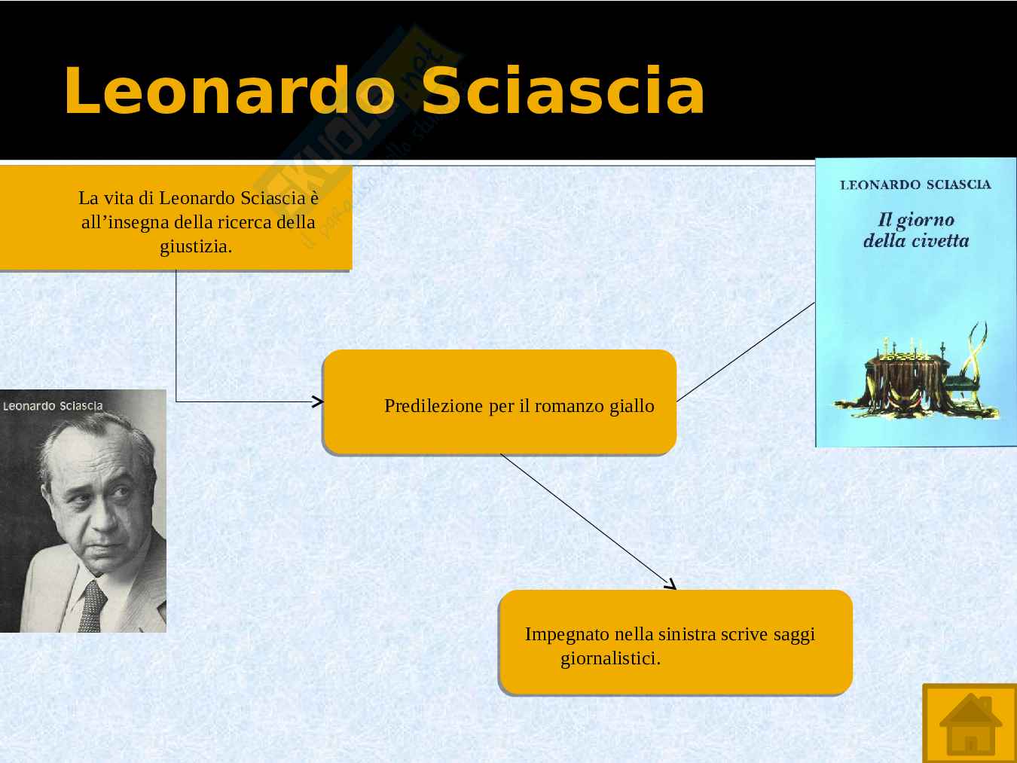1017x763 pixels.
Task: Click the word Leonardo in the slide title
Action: (229, 90)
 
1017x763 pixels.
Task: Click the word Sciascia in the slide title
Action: (563, 90)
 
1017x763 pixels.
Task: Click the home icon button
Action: (970, 724)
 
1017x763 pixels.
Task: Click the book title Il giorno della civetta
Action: (916, 230)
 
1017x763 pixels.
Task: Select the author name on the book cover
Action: (915, 185)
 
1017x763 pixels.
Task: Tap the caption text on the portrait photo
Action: (53, 406)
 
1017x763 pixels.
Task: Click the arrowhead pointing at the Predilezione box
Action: (319, 401)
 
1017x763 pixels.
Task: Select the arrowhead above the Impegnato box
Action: (671, 584)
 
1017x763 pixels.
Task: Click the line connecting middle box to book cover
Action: (746, 352)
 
